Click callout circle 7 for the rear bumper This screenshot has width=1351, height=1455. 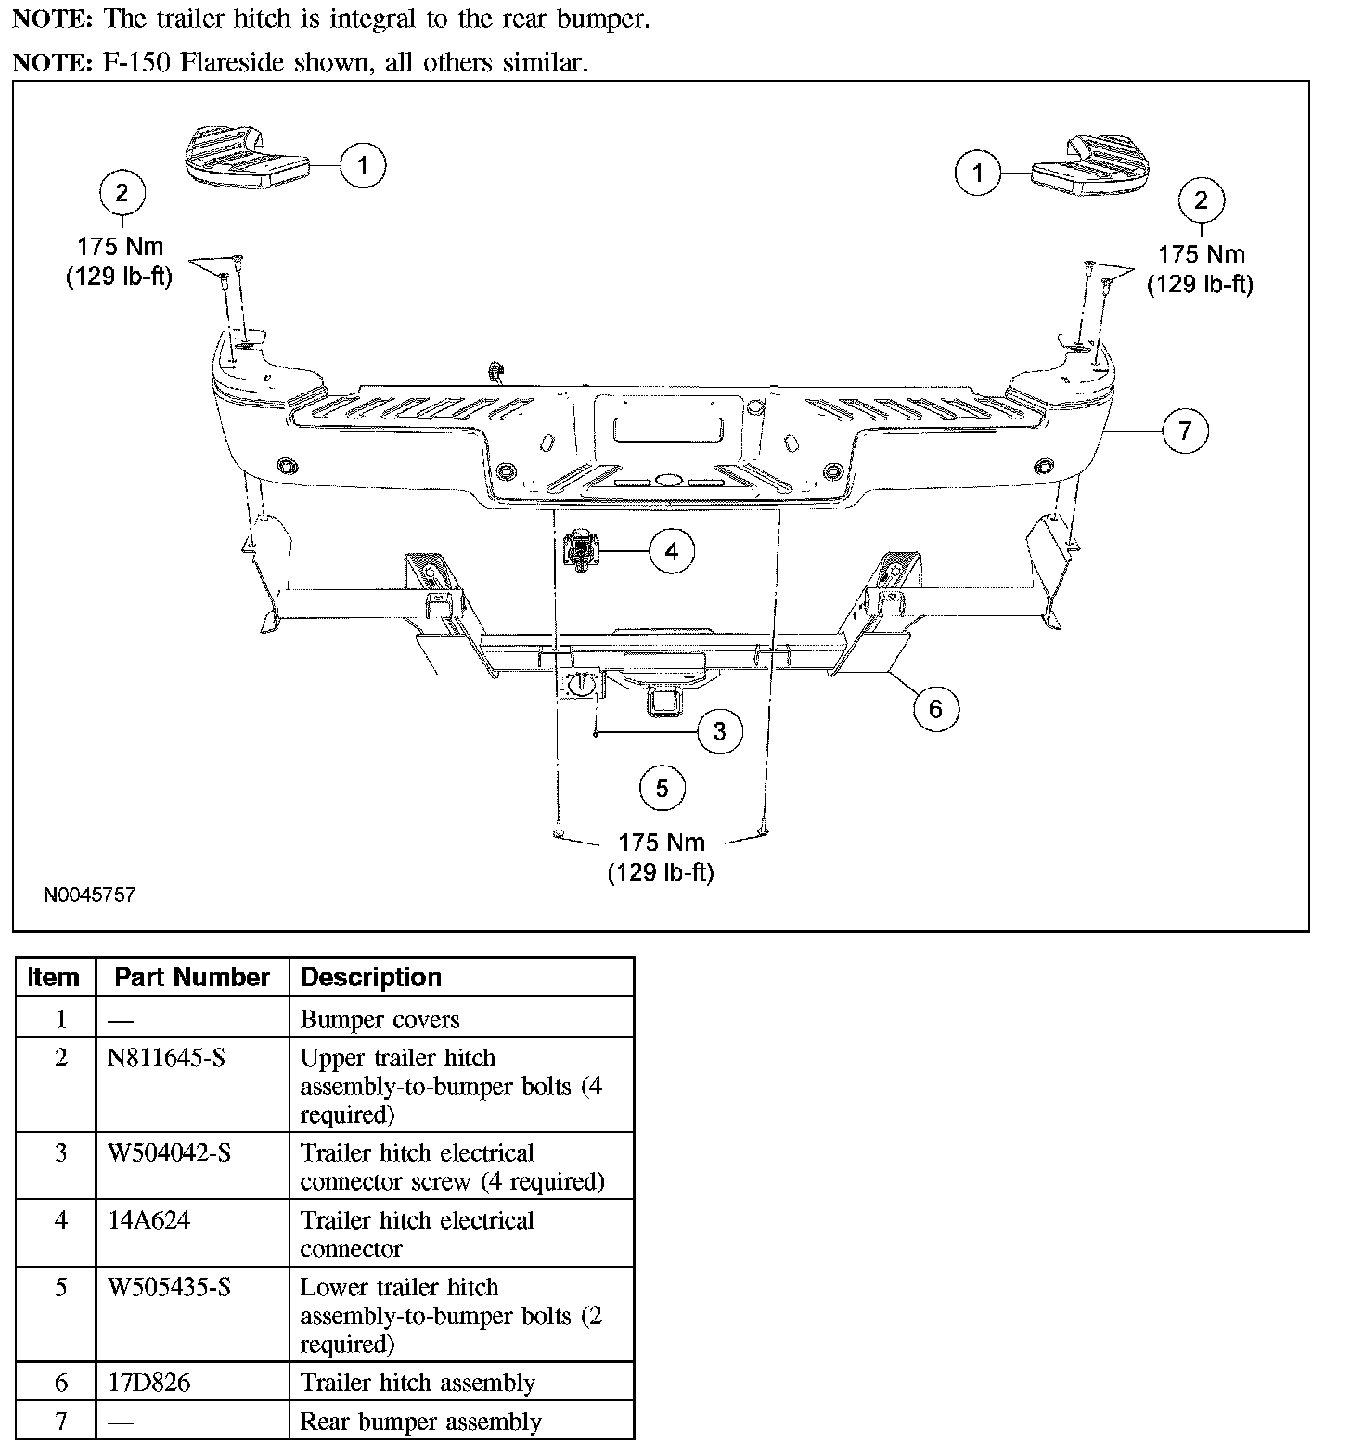(1185, 431)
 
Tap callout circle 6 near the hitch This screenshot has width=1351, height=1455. (934, 709)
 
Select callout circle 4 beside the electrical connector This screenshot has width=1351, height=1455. (672, 551)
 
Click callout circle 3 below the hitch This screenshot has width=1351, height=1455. (720, 731)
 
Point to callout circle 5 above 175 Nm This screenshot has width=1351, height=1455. (662, 789)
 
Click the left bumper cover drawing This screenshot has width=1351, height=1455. (244, 161)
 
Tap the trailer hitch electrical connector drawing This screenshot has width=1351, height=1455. (581, 551)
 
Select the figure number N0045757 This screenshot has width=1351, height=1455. (89, 895)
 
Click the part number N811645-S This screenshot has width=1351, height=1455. (166, 1058)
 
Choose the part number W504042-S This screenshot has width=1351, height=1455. (169, 1152)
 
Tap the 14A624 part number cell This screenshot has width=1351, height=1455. (148, 1220)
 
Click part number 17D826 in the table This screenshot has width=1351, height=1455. (148, 1383)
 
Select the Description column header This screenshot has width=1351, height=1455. (371, 977)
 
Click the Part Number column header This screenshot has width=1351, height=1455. (192, 977)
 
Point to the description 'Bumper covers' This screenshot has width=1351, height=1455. (380, 1020)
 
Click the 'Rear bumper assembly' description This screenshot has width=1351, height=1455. (420, 1422)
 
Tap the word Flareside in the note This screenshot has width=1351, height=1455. (239, 63)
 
